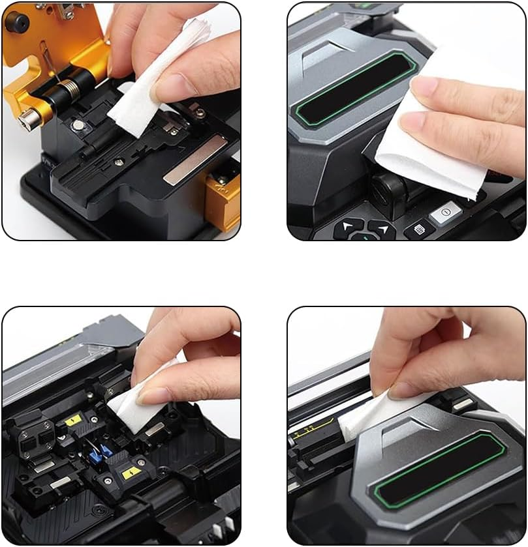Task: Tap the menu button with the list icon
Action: point(418,229)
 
